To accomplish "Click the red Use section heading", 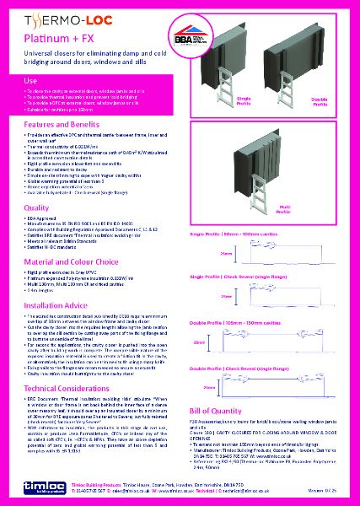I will click(x=30, y=79).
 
